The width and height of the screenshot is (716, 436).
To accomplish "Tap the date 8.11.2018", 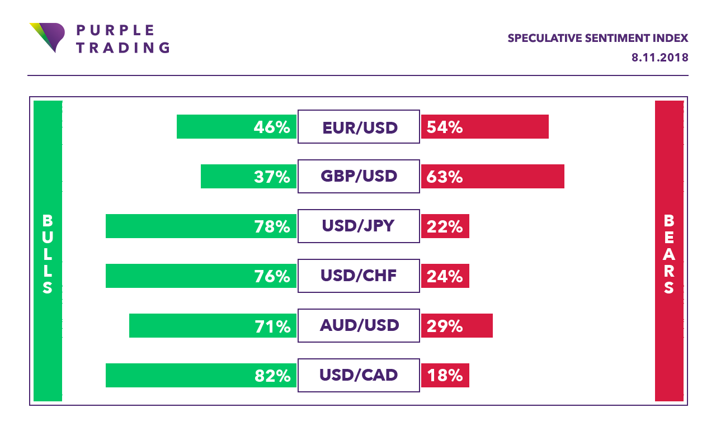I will (660, 58).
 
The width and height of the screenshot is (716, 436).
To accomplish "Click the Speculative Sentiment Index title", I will (597, 39).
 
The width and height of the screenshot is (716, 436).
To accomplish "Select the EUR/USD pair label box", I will (359, 127).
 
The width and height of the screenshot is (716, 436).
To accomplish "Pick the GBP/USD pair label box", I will (359, 176).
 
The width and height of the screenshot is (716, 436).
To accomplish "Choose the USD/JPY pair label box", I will (359, 226).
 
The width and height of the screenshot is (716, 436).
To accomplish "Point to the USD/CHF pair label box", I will (359, 276).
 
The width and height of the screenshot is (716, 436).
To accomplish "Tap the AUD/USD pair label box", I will (359, 325).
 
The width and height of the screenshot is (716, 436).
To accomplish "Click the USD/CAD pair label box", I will (359, 375).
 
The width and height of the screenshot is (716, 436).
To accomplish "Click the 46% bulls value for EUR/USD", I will (272, 127).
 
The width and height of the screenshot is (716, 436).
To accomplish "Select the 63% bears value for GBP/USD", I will (445, 177).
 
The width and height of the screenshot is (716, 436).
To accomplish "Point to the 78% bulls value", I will (272, 226).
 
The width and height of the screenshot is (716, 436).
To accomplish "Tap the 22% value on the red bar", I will (445, 226).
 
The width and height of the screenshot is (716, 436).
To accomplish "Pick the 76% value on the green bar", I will (272, 276).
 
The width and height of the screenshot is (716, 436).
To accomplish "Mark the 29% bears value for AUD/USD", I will (445, 326).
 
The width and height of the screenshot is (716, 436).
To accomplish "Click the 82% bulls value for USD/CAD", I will (272, 376).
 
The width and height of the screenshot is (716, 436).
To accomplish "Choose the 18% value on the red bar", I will (445, 376).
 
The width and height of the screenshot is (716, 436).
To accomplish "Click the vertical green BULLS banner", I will (48, 252).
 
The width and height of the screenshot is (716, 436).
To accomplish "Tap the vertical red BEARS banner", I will (669, 252).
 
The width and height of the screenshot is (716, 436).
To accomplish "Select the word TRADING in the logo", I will (123, 48).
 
